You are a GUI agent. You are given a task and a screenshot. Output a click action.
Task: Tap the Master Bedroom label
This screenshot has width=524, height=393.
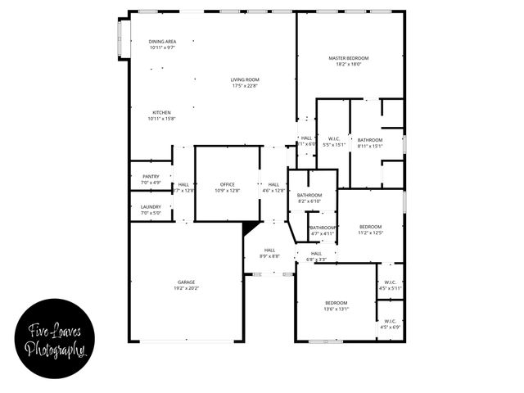[x=349, y=58]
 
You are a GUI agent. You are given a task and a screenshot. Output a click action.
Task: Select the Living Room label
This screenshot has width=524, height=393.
[x=245, y=79]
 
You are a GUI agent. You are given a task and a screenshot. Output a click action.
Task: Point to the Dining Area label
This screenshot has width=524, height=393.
[x=162, y=42]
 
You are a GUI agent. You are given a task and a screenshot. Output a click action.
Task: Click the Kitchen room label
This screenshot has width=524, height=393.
[x=162, y=112]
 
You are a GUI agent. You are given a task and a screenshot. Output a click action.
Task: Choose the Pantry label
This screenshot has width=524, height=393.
[x=151, y=176]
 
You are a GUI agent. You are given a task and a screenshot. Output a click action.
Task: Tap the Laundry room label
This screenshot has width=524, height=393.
[x=151, y=207]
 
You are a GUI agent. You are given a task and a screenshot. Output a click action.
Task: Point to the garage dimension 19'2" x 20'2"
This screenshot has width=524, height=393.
[x=186, y=288]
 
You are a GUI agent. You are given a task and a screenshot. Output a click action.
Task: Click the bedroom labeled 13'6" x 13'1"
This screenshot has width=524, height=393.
[x=336, y=306]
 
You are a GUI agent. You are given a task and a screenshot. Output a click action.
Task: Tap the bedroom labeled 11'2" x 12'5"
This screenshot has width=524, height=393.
[x=370, y=229]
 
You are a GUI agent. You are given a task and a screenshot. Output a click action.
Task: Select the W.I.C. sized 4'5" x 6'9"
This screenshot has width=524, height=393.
[x=390, y=324]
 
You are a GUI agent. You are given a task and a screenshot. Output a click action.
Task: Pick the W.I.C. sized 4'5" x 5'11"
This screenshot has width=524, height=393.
[x=390, y=285]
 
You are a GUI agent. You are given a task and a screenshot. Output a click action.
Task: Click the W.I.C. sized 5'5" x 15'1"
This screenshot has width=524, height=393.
[x=333, y=142]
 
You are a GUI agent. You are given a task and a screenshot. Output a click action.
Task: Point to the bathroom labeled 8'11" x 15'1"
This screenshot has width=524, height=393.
[x=370, y=143]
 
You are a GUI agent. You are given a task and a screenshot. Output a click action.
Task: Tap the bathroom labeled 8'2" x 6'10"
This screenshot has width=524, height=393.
[x=309, y=197]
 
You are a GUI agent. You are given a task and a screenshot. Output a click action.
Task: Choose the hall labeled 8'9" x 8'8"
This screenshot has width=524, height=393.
[x=269, y=253]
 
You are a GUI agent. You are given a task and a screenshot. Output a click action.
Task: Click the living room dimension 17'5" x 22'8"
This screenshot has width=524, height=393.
[x=245, y=86]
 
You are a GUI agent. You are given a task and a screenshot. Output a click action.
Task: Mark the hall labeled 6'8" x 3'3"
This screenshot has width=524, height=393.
[x=316, y=257]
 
